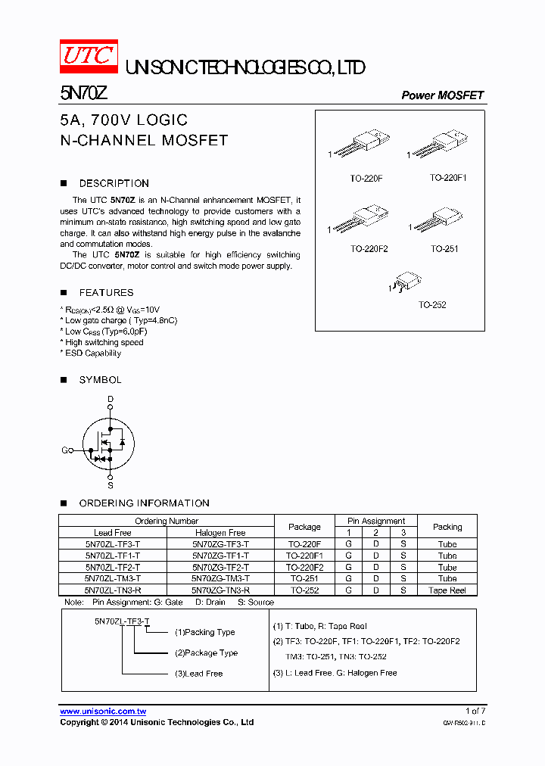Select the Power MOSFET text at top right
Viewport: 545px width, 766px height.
(442, 95)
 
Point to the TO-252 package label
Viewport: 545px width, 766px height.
(432, 305)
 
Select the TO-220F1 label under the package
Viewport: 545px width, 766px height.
(448, 178)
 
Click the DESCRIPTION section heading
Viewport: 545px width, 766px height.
(114, 183)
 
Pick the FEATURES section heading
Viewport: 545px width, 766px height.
(106, 292)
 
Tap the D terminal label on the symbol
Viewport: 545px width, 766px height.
(110, 398)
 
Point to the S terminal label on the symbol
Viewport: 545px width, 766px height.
(110, 485)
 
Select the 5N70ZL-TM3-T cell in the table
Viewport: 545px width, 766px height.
(113, 578)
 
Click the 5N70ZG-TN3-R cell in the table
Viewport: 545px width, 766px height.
(220, 590)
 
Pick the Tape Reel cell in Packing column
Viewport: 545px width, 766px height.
(447, 590)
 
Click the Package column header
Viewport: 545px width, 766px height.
(304, 527)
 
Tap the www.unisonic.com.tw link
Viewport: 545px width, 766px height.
(103, 712)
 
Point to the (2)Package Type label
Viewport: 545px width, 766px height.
(206, 652)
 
